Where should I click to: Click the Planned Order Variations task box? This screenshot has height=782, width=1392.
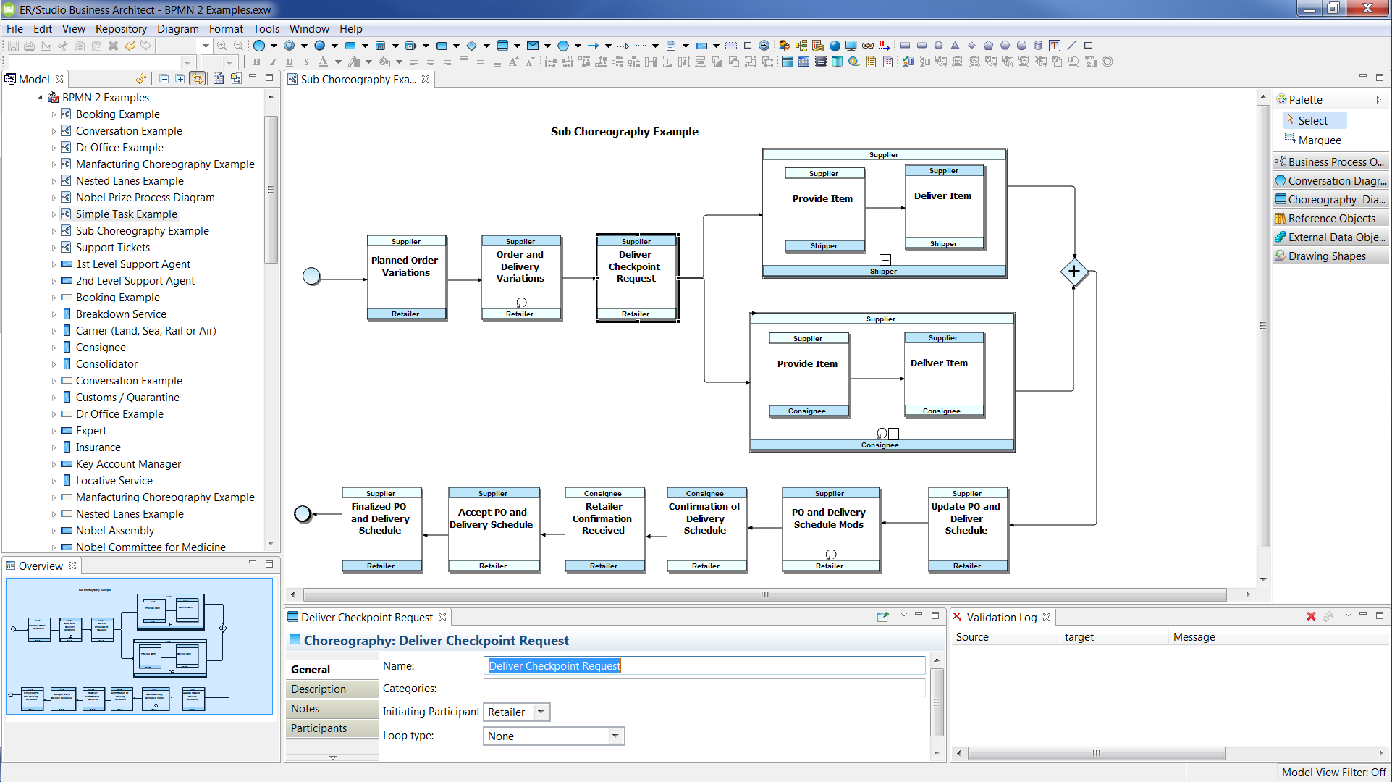point(405,278)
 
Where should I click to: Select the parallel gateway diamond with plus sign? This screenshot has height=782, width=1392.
point(1073,272)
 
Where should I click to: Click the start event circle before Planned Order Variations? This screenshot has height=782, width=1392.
point(311,277)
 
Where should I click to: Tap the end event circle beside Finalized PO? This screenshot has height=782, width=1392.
point(303,514)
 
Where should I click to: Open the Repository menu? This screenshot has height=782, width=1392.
point(121,29)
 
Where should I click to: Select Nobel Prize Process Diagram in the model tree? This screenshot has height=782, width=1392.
point(145,198)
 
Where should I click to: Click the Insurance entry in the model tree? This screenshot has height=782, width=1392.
point(98,447)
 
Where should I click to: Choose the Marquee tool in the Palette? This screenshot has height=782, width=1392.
point(1319,140)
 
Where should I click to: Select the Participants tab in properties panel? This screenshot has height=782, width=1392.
point(319,728)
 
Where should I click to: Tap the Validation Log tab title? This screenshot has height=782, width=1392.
point(1001,618)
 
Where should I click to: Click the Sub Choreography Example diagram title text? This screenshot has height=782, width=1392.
point(624,132)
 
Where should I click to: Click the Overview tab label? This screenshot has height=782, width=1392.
point(41,566)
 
